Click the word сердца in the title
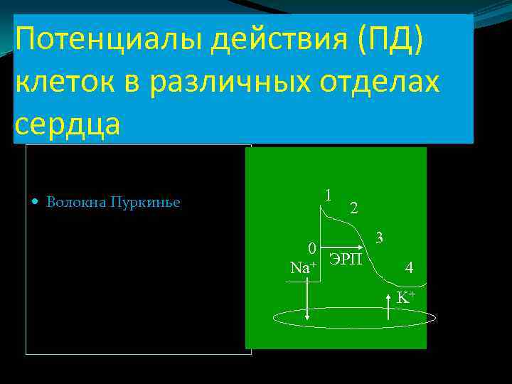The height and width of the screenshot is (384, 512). [68, 123]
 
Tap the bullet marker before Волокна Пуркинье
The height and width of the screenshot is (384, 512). [37, 202]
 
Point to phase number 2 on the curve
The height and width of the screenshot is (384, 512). [354, 208]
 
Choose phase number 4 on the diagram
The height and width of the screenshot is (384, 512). [409, 267]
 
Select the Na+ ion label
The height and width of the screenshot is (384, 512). [304, 267]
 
